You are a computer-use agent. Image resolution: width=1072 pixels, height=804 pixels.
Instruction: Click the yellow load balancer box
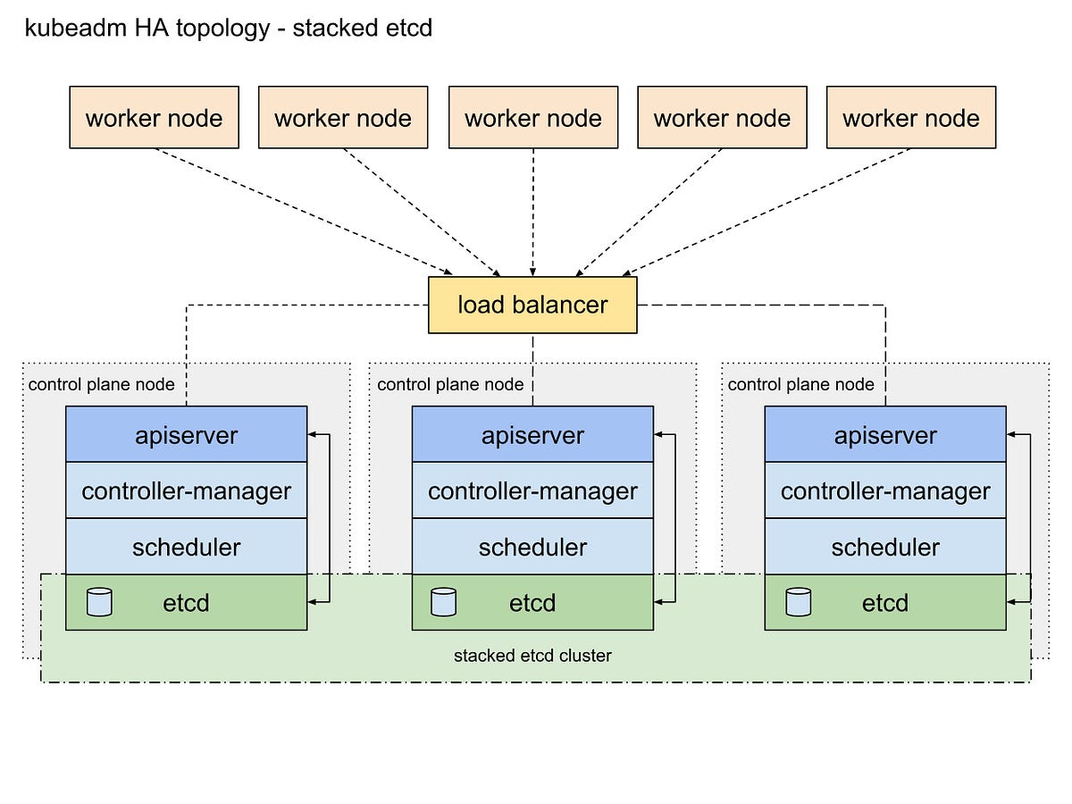pyautogui.click(x=532, y=305)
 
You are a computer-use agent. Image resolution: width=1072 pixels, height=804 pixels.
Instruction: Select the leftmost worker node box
pyautogui.click(x=154, y=117)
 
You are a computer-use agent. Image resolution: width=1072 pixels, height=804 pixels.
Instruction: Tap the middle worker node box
pyautogui.click(x=532, y=117)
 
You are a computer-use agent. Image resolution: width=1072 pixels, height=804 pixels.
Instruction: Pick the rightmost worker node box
pyautogui.click(x=910, y=117)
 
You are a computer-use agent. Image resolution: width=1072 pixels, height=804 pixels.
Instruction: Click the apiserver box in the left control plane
pyautogui.click(x=186, y=435)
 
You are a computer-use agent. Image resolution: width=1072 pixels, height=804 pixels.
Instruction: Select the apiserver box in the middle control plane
pyautogui.click(x=532, y=435)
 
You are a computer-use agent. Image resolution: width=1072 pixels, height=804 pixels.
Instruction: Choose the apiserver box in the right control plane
pyautogui.click(x=885, y=435)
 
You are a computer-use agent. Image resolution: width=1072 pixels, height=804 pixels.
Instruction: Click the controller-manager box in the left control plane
pyautogui.click(x=186, y=490)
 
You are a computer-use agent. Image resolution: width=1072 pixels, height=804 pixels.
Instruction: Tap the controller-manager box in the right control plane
pyautogui.click(x=885, y=490)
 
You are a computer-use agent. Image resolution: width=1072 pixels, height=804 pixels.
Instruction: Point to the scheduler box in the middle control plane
pyautogui.click(x=532, y=547)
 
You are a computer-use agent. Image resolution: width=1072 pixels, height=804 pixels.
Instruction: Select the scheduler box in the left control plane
pyautogui.click(x=186, y=547)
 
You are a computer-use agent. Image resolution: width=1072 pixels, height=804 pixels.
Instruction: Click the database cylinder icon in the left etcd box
pyautogui.click(x=99, y=602)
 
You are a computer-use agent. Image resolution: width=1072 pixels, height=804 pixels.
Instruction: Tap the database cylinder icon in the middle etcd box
pyautogui.click(x=443, y=602)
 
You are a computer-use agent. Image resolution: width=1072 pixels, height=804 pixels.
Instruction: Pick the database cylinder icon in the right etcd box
pyautogui.click(x=798, y=602)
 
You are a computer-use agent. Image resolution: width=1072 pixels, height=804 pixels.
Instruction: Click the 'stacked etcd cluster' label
pyautogui.click(x=532, y=656)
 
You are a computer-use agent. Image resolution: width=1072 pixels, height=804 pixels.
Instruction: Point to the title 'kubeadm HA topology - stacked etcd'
pyautogui.click(x=229, y=29)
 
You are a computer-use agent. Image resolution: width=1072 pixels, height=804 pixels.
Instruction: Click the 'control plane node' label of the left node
pyautogui.click(x=102, y=385)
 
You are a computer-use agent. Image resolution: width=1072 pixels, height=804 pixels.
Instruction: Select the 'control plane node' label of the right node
pyautogui.click(x=800, y=385)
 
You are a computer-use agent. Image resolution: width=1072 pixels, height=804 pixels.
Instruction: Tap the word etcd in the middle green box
pyautogui.click(x=532, y=603)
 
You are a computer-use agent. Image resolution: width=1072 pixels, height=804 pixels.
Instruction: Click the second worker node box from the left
pyautogui.click(x=343, y=117)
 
